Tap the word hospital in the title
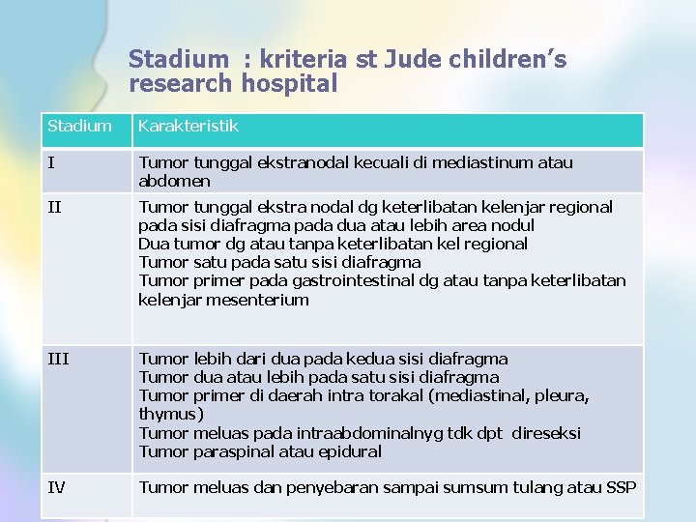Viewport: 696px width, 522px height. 289,84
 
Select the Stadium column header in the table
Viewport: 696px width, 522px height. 79,127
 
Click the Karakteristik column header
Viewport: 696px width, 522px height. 188,127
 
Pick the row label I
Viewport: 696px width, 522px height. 51,163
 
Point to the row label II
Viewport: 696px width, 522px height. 54,207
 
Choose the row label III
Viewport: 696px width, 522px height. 57,359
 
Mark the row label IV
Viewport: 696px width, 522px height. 57,487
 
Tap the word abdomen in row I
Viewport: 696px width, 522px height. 174,182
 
